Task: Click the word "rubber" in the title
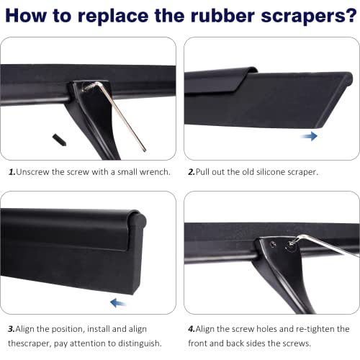(222, 16)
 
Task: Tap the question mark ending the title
(351, 16)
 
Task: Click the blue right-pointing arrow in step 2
(309, 136)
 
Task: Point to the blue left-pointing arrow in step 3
(118, 303)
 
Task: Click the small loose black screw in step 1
(59, 140)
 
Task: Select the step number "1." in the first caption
(12, 172)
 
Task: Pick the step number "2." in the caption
(192, 172)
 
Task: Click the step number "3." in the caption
(12, 329)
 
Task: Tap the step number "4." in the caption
(192, 329)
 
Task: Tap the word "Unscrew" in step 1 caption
(32, 172)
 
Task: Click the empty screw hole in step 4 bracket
(273, 245)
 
